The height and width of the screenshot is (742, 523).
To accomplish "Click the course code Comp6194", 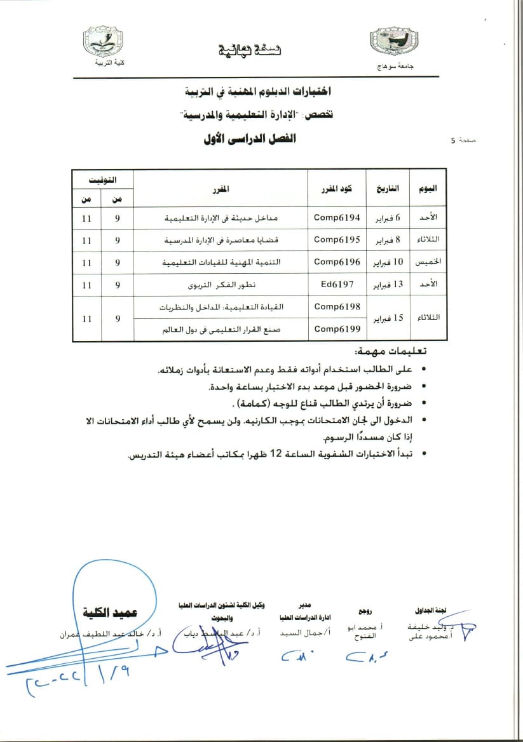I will pos(337,218).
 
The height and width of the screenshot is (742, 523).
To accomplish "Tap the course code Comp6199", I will pos(337,328).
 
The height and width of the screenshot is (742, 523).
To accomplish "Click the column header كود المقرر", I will pos(337,189).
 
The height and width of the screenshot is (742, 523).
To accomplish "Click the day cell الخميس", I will pos(428,262).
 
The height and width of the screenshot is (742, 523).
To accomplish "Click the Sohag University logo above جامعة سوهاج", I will pos(394,43).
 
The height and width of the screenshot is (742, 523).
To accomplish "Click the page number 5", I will pos(452,142).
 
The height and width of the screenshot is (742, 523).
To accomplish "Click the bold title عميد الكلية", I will pos(109,613).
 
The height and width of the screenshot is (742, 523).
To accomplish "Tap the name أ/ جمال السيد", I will pos(298,633).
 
